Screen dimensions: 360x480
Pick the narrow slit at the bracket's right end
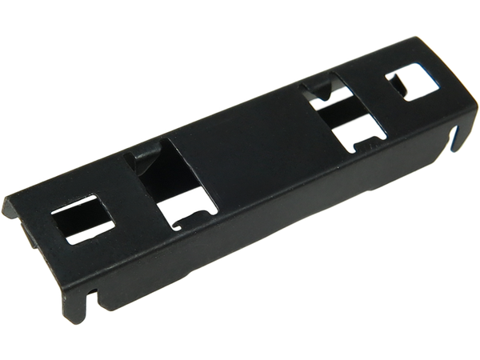(454, 141)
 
